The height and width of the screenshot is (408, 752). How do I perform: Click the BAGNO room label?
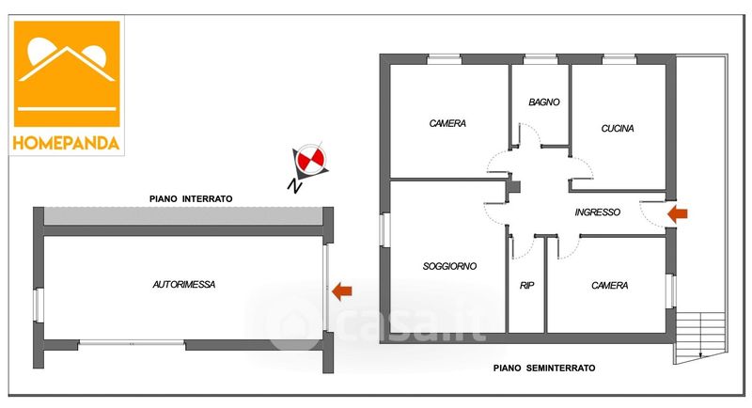544,102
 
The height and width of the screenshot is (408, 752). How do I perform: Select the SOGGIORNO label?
449,266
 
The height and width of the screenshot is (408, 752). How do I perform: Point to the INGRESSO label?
597,212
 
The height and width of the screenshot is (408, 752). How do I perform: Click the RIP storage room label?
526,286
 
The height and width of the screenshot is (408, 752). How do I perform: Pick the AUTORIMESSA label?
184,283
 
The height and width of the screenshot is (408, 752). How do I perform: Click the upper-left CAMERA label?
447,123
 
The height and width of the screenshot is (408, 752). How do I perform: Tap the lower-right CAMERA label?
609,286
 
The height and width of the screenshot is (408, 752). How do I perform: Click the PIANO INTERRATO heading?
191,198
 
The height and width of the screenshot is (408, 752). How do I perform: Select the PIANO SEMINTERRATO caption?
544,369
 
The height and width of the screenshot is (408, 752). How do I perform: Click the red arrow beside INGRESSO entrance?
677,214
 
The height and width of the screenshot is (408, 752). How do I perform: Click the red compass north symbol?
308,161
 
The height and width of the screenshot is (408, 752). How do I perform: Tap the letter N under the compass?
294,186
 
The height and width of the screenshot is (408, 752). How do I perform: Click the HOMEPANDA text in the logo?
67,143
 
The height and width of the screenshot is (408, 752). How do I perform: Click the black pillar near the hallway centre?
512,185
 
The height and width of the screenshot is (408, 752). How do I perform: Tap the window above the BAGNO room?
540,59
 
